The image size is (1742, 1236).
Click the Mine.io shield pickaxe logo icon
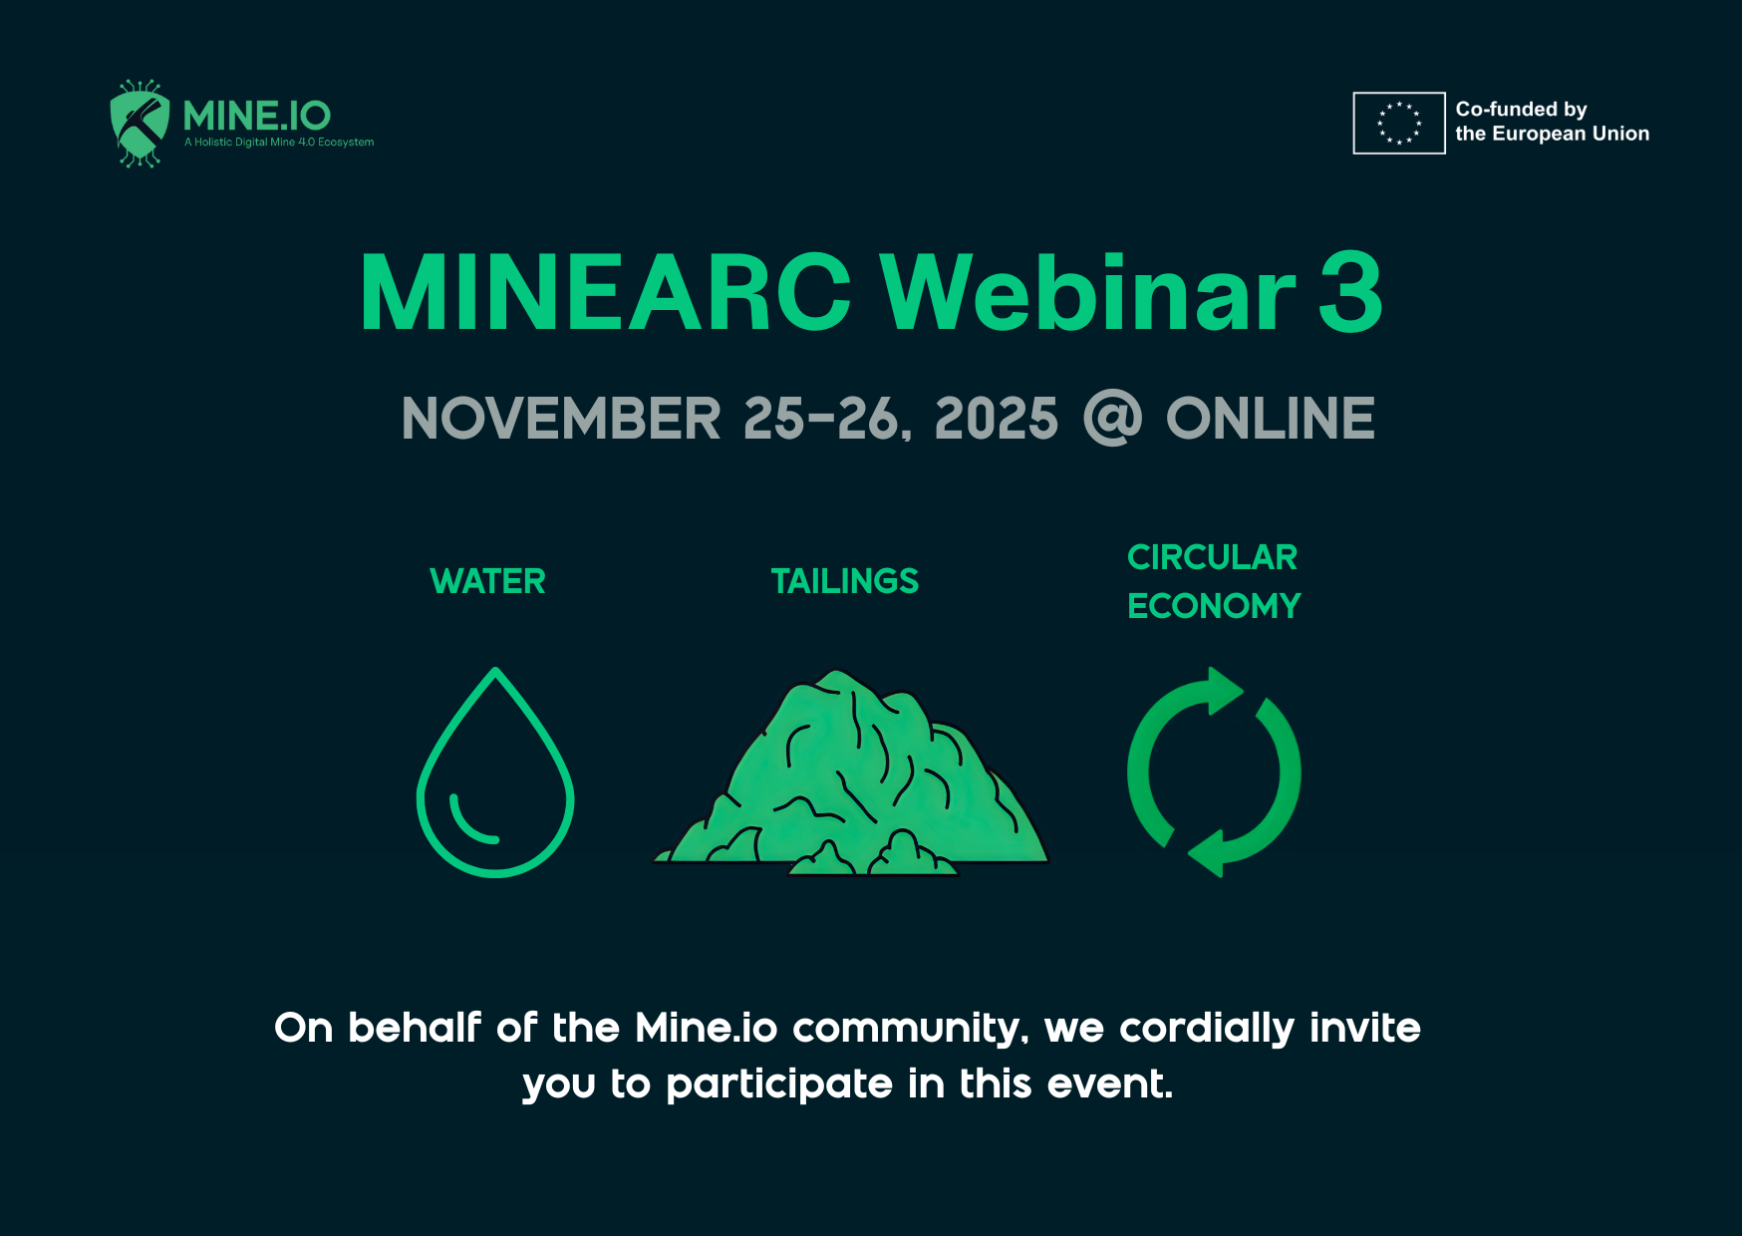coord(140,124)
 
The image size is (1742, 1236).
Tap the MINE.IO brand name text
coord(257,117)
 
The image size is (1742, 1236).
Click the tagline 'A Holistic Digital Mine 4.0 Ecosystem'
coord(279,143)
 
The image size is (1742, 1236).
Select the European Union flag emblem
coord(1398,124)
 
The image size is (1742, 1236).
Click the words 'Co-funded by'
coord(1521,109)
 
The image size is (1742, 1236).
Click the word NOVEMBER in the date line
coord(561,418)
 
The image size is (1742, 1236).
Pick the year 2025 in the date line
coord(997,418)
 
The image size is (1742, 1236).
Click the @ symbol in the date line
coord(1112,418)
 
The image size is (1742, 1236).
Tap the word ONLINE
coord(1271,418)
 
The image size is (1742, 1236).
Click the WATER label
coord(488,581)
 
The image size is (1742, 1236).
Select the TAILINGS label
coord(845,581)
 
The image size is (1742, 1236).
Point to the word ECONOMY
coord(1214,606)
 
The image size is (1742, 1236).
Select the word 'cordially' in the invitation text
coord(1207,1029)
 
